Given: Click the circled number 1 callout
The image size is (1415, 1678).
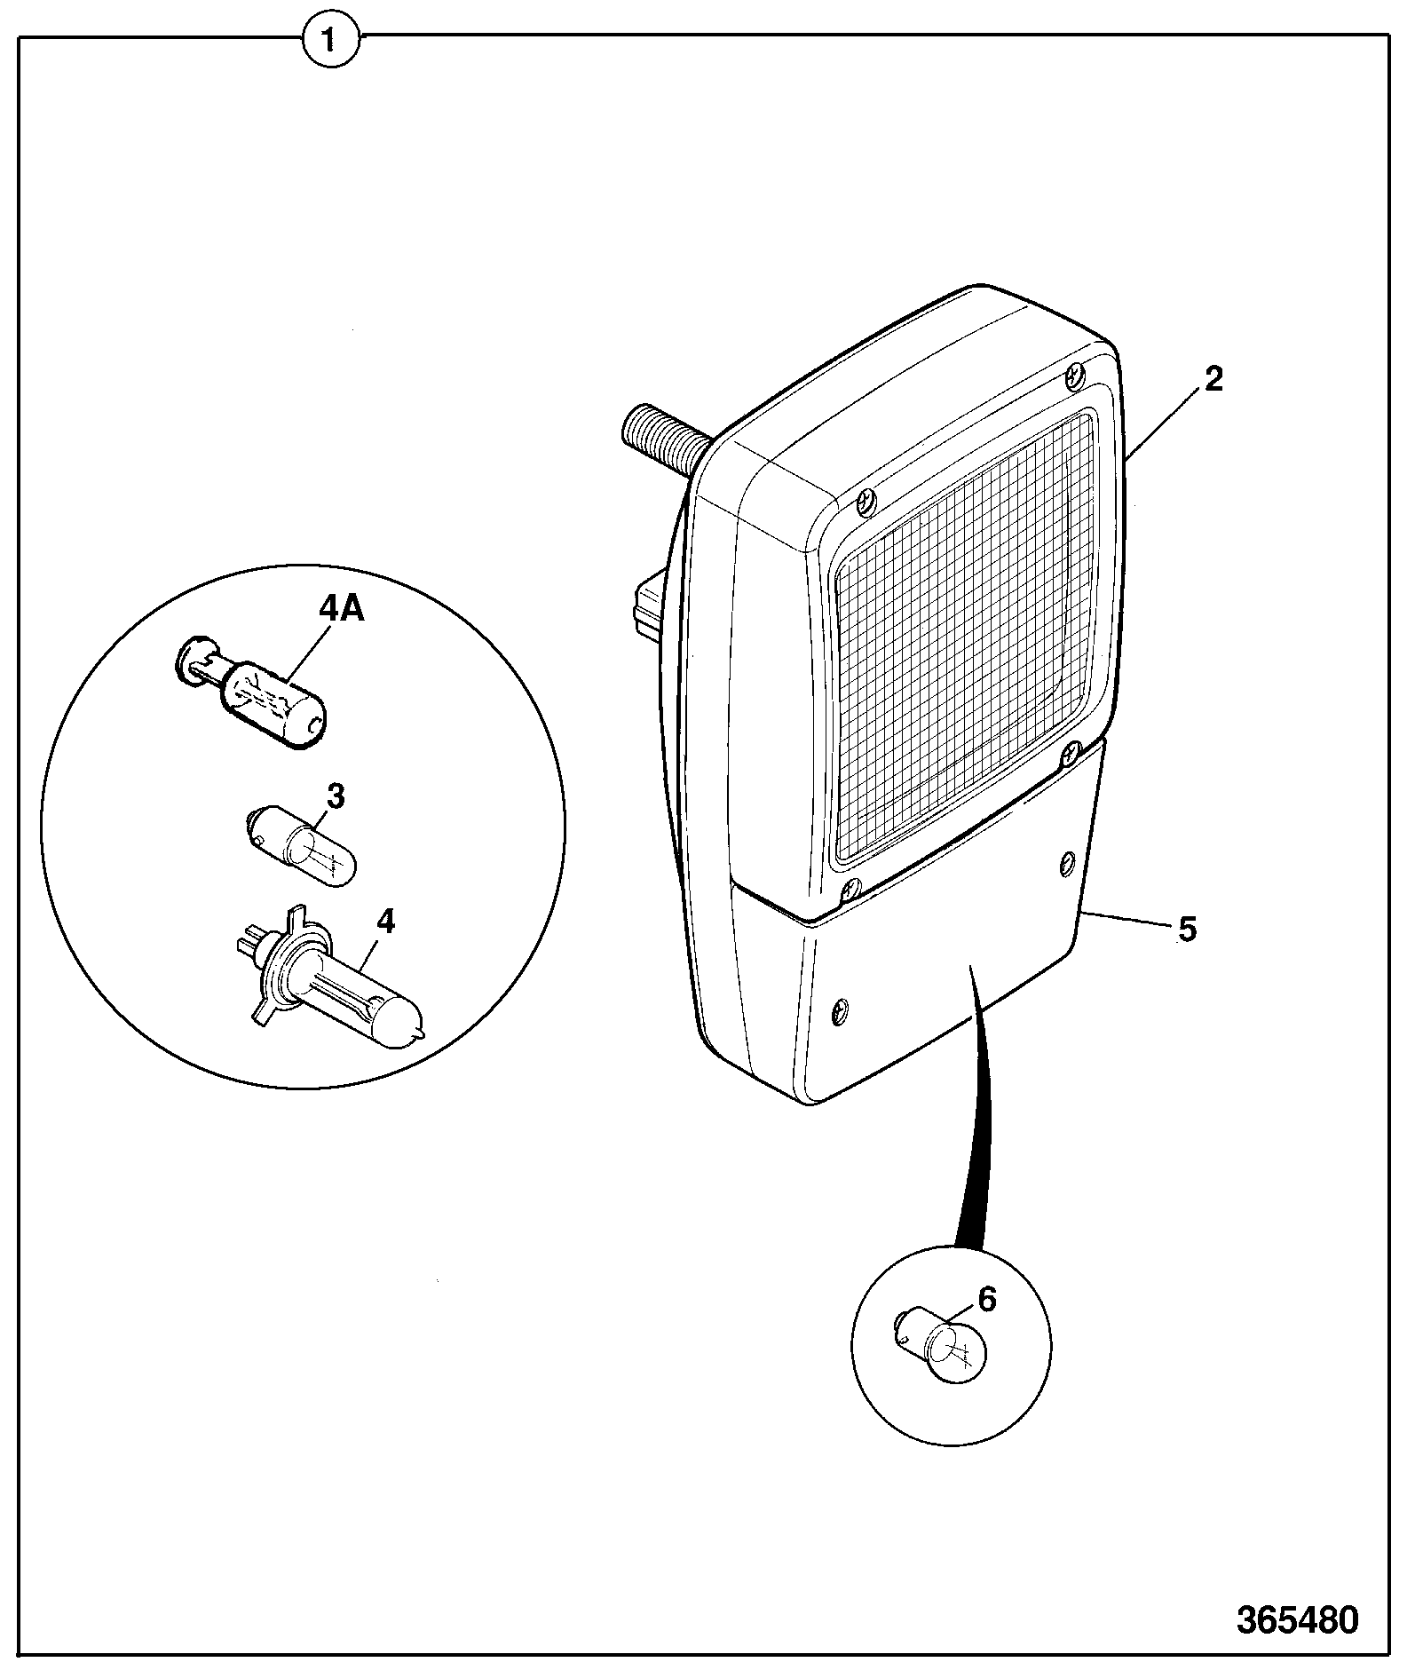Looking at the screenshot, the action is tap(330, 40).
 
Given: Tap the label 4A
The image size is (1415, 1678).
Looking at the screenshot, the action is tap(342, 612).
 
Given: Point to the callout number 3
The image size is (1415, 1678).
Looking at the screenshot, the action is tap(335, 796).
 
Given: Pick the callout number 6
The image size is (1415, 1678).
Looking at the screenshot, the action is tap(987, 1299).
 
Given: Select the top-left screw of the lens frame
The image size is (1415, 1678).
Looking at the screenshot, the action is tap(866, 503).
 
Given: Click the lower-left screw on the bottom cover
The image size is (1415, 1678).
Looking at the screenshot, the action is tap(839, 1009).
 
